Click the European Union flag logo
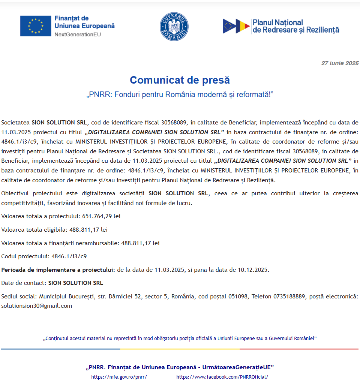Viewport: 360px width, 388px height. coord(36,26)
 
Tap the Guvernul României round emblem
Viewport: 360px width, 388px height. coord(174,27)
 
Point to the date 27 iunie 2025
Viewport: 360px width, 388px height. coord(340,63)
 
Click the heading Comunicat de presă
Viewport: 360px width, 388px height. coord(180,80)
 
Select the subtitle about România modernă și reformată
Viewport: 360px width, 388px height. coord(180,94)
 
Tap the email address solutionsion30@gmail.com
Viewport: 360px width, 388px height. coord(37,306)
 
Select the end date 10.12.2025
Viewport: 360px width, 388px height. coord(253,270)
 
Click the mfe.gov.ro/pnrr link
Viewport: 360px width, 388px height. coord(119,377)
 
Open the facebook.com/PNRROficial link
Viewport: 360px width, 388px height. coord(222,377)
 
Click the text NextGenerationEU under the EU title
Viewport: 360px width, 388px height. coord(78,34)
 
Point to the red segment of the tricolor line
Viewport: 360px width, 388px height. coord(299,349)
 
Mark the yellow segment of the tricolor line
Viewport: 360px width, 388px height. coord(180,349)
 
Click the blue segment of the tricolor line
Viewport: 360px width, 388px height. coord(60,349)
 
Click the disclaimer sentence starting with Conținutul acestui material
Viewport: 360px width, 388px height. coord(180,338)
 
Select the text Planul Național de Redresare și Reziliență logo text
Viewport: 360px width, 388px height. coord(296,26)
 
